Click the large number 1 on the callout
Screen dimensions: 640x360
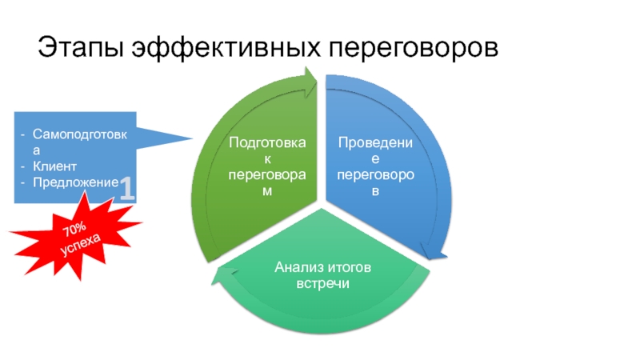(x=127, y=189)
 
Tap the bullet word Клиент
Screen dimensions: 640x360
(x=54, y=166)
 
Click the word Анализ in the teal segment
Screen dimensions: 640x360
(x=297, y=267)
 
